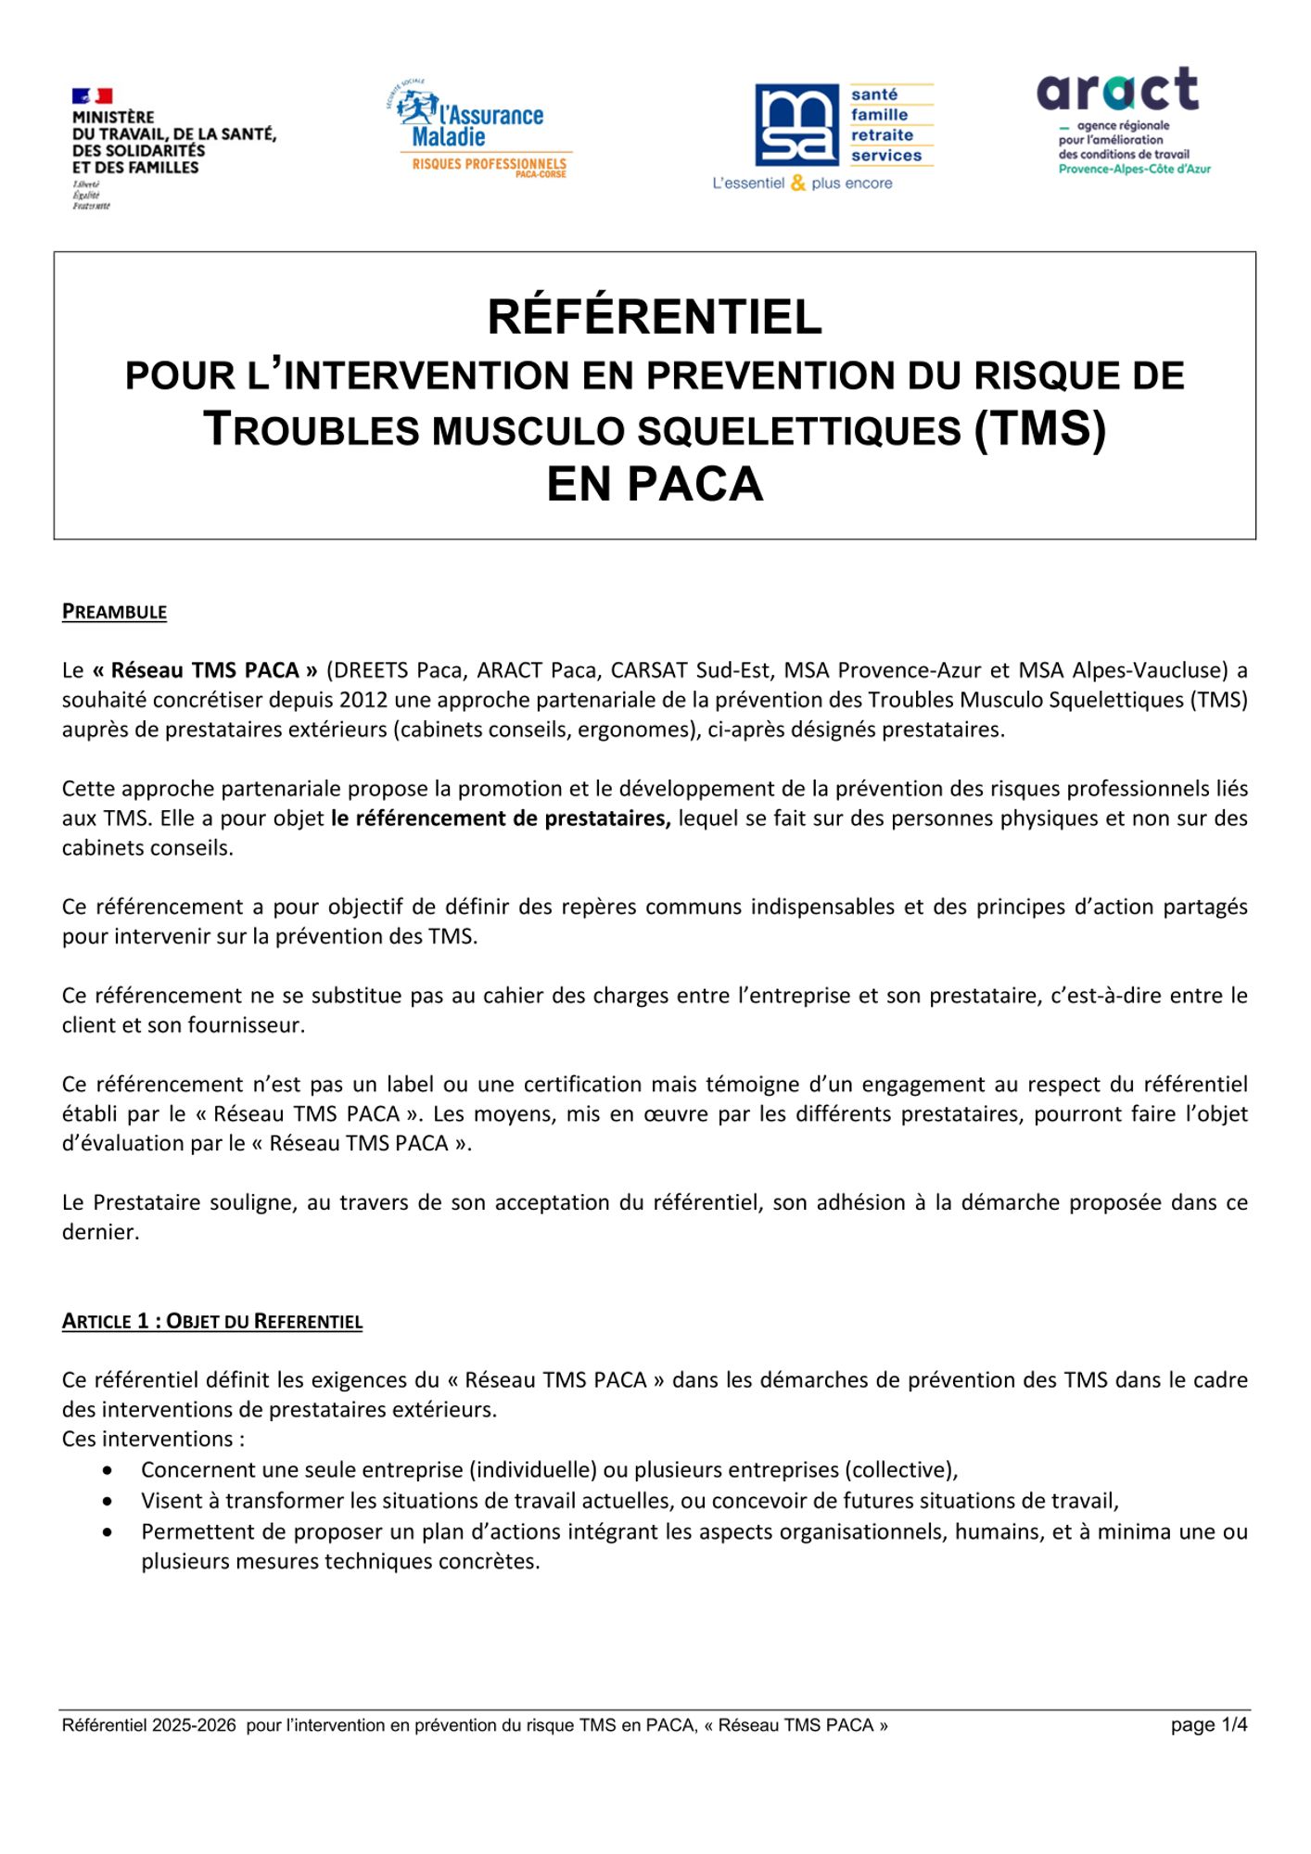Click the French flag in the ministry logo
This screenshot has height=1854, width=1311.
[x=92, y=95]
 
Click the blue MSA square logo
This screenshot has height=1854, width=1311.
[x=796, y=125]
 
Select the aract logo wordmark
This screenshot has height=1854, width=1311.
[x=1117, y=90]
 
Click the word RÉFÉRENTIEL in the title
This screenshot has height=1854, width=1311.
[x=655, y=317]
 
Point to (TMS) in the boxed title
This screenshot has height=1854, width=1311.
[x=1039, y=429]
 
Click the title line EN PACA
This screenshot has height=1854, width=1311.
[x=655, y=485]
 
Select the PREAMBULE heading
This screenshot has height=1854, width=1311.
[x=114, y=612]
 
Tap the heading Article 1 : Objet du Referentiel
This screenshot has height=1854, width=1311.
[x=211, y=1321]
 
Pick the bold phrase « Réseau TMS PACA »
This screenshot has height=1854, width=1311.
[x=205, y=670]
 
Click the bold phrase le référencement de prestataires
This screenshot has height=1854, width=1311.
[x=500, y=819]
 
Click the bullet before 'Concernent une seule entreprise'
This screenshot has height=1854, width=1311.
[x=109, y=1470]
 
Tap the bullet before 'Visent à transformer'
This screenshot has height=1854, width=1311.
[x=109, y=1501]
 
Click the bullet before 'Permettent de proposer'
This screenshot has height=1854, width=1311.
[x=109, y=1532]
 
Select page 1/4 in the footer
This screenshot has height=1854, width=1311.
[x=1208, y=1725]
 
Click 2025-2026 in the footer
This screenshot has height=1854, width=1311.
[x=194, y=1725]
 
